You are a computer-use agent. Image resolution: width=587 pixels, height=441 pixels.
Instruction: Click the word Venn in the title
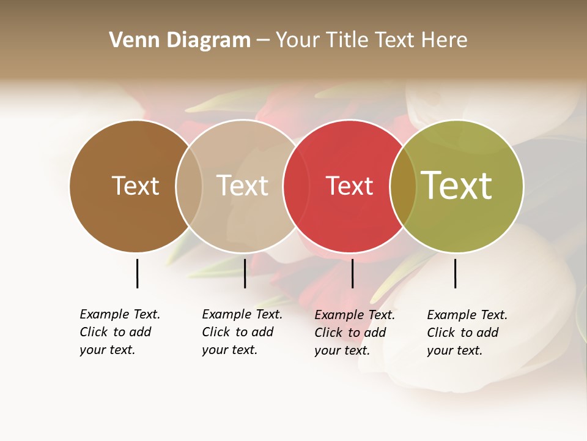[129, 40]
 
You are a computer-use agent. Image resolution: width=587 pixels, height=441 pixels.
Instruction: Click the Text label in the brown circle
[135, 186]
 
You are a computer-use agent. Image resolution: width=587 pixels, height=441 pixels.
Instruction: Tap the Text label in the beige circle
[243, 186]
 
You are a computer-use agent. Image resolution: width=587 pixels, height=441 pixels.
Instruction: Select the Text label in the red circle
[349, 186]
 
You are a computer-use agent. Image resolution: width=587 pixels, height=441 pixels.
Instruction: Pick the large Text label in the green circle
[457, 186]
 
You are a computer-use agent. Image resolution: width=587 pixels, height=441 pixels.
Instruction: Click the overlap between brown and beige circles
[189, 186]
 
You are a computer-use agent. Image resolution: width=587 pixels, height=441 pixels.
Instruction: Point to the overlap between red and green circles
[403, 186]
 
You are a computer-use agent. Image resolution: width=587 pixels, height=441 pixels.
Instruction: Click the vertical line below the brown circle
[137, 273]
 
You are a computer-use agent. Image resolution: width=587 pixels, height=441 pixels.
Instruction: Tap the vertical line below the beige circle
[245, 273]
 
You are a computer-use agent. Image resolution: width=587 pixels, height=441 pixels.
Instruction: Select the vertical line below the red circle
[352, 273]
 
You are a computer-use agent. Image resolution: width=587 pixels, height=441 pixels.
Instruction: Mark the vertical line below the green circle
[455, 273]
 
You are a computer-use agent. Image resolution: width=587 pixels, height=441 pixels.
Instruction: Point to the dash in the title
[263, 40]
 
